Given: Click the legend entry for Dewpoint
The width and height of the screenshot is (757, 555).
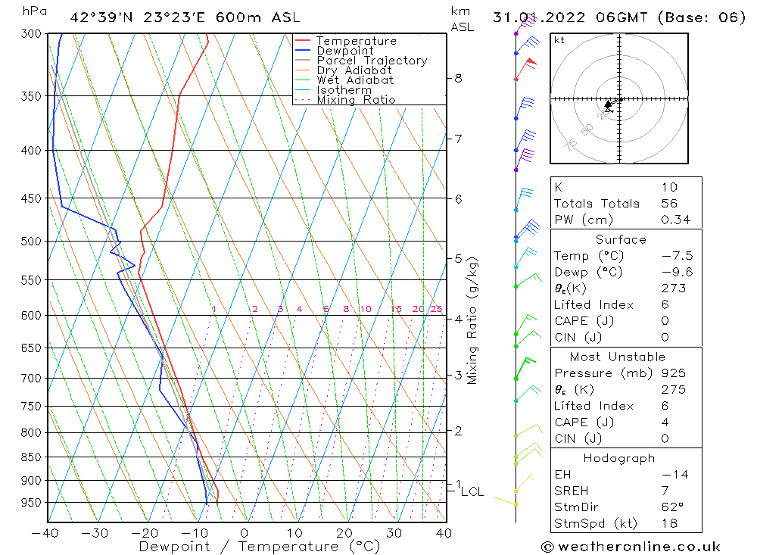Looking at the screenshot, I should [344, 51].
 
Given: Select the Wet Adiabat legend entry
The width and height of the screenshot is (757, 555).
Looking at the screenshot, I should [354, 80].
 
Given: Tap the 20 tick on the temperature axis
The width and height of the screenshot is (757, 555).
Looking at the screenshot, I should [344, 533].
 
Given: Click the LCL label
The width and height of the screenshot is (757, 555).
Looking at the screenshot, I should [472, 492].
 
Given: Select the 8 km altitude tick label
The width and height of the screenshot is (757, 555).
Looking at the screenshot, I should [458, 78].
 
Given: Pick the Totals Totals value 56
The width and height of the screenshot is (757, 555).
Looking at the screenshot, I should [668, 203].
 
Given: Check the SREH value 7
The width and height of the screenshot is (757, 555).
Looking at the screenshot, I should [664, 491].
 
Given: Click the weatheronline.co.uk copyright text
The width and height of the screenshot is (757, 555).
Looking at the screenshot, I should [631, 547].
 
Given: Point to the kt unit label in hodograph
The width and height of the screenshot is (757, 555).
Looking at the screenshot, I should [559, 40].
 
